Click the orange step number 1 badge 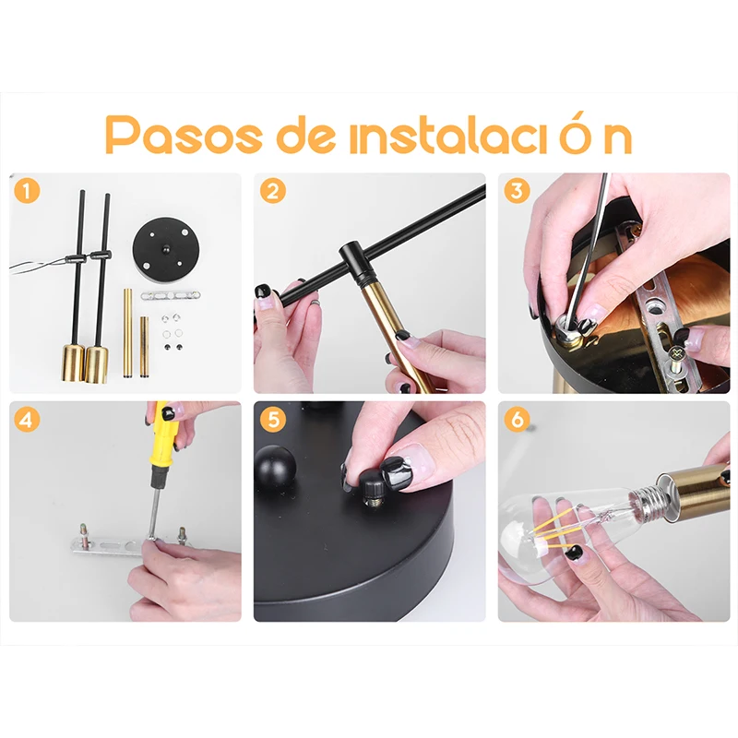tap(27, 191)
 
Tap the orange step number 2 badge tap(272, 191)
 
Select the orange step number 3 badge tap(517, 191)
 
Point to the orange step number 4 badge tap(27, 420)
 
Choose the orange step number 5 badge tap(272, 420)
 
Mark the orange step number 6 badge tap(517, 419)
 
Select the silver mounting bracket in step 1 tap(171, 295)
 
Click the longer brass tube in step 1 tap(127, 333)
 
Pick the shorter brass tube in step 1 tap(144, 347)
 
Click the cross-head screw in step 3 tap(678, 353)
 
